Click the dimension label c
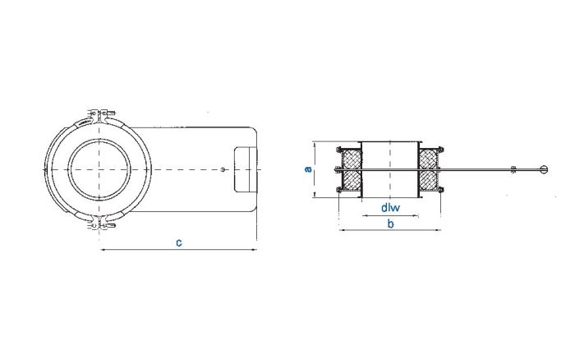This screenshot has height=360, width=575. (178, 242)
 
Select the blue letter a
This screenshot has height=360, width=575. (308, 169)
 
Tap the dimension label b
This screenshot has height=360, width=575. (391, 223)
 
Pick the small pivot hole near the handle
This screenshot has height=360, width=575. (223, 170)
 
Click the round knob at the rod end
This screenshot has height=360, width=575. (543, 170)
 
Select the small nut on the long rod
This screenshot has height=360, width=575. (513, 170)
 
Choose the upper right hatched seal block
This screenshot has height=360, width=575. (429, 158)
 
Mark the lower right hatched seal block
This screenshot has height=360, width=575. (429, 182)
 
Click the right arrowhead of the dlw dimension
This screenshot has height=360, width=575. (416, 215)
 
